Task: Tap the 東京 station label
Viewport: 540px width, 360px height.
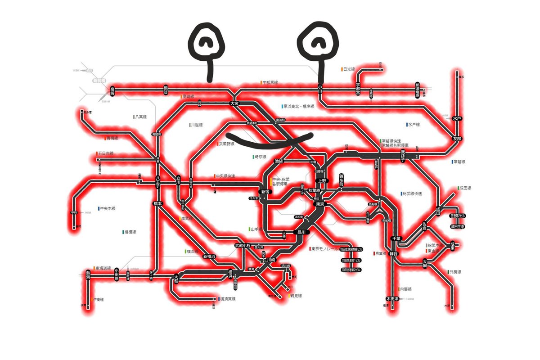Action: (320, 204)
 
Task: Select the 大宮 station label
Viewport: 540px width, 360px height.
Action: (234, 103)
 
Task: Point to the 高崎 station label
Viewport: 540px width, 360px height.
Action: (112, 91)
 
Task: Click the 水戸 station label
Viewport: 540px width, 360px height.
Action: (457, 118)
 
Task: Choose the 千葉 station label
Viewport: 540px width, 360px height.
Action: (396, 238)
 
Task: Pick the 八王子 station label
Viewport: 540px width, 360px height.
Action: (158, 182)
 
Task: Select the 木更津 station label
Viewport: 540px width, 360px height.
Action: (393, 298)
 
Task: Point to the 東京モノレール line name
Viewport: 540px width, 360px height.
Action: (324, 248)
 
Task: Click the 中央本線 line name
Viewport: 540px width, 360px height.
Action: (108, 208)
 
